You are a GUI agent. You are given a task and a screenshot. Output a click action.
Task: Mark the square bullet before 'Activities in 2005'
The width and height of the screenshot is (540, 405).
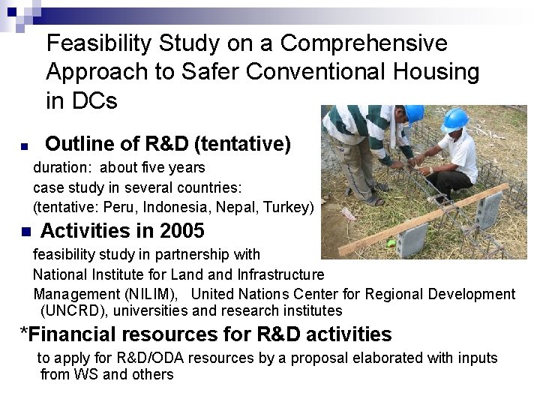[24, 231]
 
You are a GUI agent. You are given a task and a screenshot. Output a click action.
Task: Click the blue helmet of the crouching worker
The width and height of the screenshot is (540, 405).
[454, 120]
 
